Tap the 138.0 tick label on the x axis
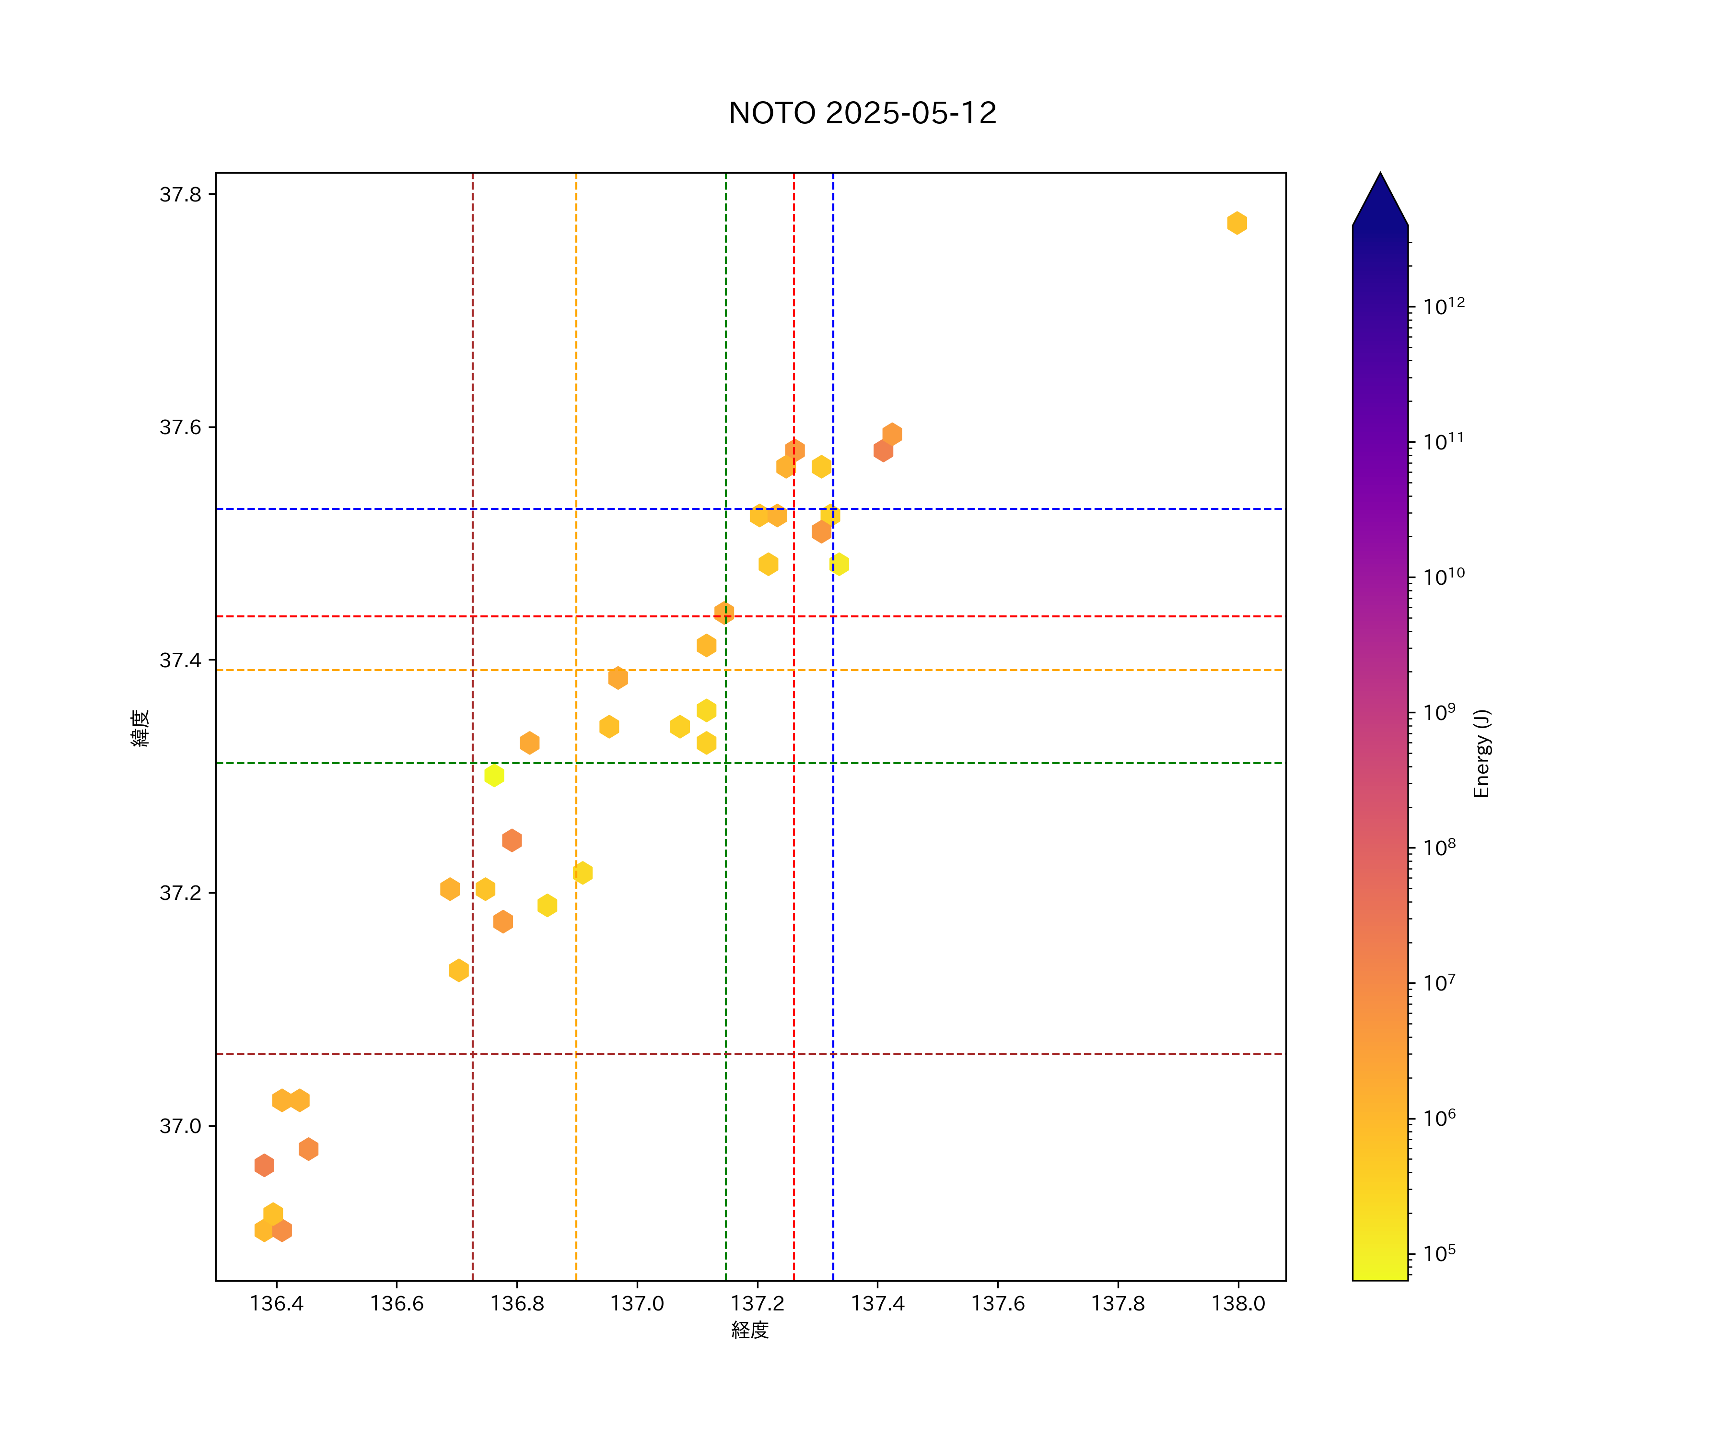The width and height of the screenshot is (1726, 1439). [x=1238, y=1303]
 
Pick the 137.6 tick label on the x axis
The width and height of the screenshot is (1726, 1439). [x=998, y=1303]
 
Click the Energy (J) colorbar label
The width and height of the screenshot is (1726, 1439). [x=1481, y=753]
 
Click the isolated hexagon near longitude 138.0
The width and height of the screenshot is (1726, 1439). [x=1237, y=223]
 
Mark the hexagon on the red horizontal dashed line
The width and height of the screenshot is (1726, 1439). [x=724, y=613]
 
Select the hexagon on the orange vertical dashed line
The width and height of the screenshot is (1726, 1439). [x=583, y=873]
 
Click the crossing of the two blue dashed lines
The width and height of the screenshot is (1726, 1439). [x=833, y=509]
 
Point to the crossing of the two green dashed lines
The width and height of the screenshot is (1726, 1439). [x=726, y=763]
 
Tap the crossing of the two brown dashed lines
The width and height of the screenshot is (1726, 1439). [x=473, y=1053]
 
